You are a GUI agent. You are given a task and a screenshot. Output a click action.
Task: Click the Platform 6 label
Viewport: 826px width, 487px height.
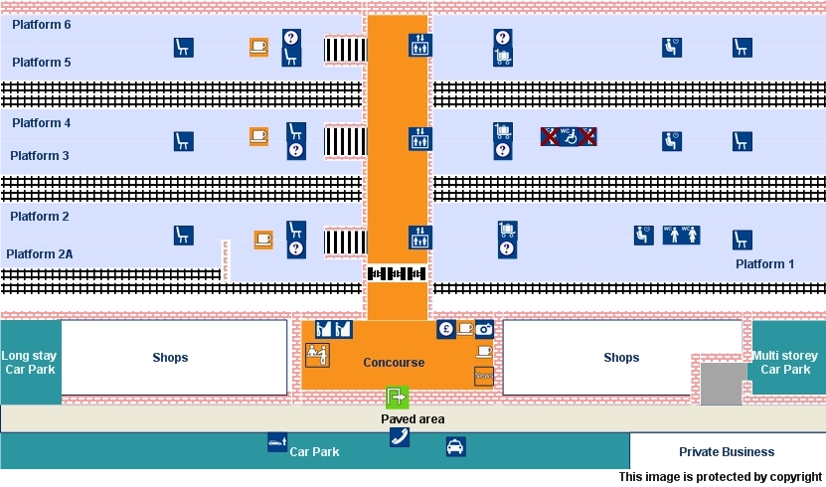click(x=41, y=25)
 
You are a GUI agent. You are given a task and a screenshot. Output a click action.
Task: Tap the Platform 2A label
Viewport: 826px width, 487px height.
click(x=40, y=254)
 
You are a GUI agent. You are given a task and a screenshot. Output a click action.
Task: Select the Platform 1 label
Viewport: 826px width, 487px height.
click(x=765, y=264)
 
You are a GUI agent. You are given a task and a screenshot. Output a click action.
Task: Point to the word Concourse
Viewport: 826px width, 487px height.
click(x=394, y=363)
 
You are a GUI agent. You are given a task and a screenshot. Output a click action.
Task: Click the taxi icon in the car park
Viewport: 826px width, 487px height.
click(x=455, y=447)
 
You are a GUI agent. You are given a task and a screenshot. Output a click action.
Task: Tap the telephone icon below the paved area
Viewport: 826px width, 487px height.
click(x=399, y=437)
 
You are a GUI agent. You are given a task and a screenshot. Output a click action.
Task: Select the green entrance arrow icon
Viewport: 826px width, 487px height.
click(x=397, y=398)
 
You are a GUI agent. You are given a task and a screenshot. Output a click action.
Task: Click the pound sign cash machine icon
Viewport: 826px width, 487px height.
click(x=445, y=329)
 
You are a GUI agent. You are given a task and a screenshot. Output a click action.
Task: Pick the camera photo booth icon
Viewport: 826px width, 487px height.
click(x=484, y=329)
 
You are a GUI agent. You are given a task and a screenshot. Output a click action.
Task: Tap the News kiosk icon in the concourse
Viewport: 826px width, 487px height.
click(x=484, y=377)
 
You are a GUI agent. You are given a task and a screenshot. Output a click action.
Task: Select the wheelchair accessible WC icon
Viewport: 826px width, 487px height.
click(x=569, y=136)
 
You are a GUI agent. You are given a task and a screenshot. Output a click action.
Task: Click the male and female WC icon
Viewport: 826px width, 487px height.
click(x=682, y=236)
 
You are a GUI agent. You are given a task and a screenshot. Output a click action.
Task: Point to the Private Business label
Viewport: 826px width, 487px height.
click(x=726, y=452)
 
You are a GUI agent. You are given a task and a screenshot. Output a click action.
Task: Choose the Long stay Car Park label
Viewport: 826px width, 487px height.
click(x=30, y=363)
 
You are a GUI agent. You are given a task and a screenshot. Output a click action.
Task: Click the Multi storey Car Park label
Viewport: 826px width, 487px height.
click(x=785, y=363)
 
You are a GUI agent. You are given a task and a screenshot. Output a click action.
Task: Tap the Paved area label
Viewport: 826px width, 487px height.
click(x=413, y=419)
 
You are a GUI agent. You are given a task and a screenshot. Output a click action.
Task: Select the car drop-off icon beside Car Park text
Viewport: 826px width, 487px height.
click(x=277, y=442)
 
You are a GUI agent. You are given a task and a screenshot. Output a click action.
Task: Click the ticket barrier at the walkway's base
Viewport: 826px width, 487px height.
click(x=397, y=273)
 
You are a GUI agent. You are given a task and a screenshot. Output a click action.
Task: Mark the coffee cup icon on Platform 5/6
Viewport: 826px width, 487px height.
click(x=258, y=47)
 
